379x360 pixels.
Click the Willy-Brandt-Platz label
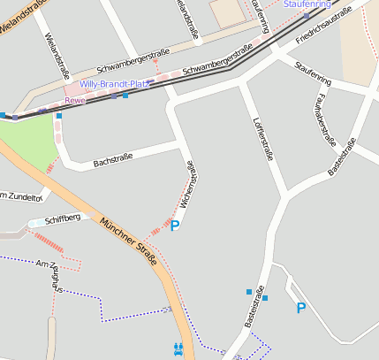pos(116,84)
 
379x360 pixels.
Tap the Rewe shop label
pos(75,101)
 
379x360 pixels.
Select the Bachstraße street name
pos(112,159)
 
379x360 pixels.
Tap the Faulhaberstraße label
pos(327,119)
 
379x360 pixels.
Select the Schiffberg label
pos(62,218)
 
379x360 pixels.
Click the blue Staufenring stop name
pos(307,4)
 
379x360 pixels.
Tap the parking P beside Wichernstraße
pos(175,226)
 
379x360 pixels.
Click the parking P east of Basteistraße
pos(301,308)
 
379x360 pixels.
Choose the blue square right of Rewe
pos(125,96)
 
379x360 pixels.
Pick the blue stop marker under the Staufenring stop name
pos(306,16)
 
